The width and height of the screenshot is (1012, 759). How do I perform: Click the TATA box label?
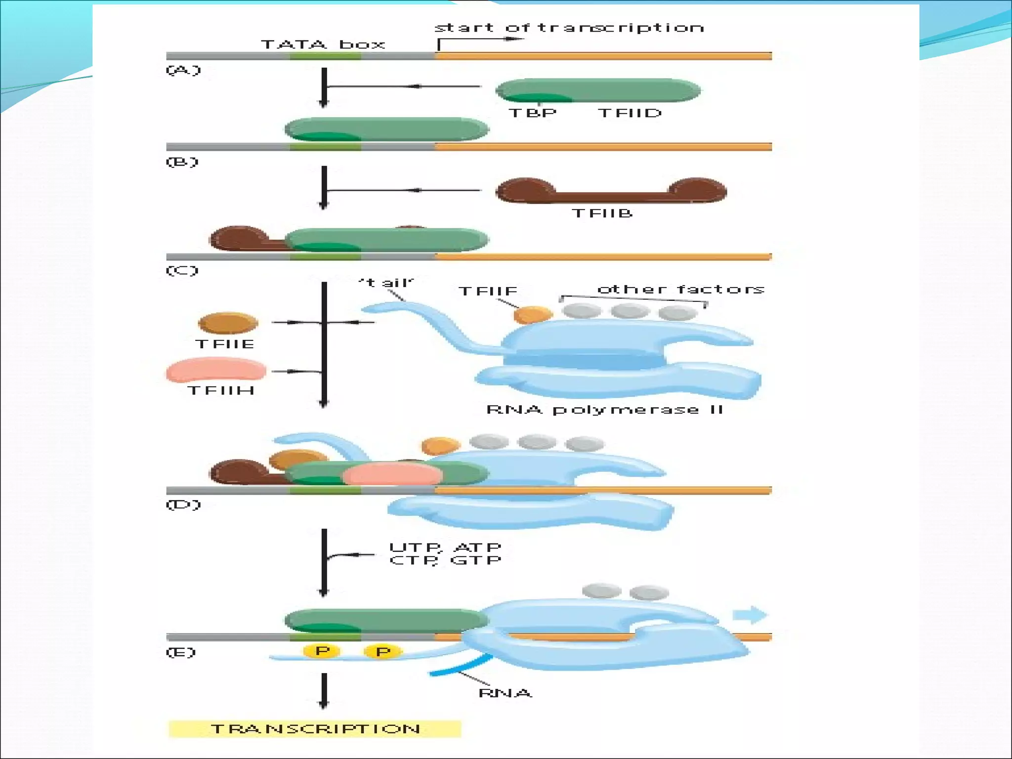tap(323, 44)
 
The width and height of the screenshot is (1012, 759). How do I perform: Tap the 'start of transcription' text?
tap(569, 28)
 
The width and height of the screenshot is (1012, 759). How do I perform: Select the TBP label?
tap(533, 113)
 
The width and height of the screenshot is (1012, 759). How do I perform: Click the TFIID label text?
tap(630, 113)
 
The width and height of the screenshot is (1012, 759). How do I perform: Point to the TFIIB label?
tap(602, 213)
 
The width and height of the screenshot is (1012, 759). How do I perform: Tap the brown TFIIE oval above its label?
tap(228, 323)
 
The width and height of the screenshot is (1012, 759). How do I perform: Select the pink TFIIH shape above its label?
tap(216, 370)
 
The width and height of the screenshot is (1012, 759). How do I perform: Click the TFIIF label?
tap(488, 291)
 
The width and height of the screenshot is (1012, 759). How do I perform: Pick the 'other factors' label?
tap(681, 289)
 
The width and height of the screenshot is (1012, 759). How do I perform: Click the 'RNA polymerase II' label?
tap(605, 410)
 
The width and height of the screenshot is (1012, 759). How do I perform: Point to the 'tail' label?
tap(386, 283)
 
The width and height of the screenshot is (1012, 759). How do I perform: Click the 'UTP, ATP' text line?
tap(445, 548)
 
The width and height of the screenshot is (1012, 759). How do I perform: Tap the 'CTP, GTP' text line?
tap(445, 560)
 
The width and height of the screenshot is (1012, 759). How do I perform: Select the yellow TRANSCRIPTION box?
tap(315, 729)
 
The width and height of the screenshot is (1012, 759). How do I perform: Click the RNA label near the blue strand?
tap(505, 693)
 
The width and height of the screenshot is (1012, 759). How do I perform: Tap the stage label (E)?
tap(181, 652)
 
